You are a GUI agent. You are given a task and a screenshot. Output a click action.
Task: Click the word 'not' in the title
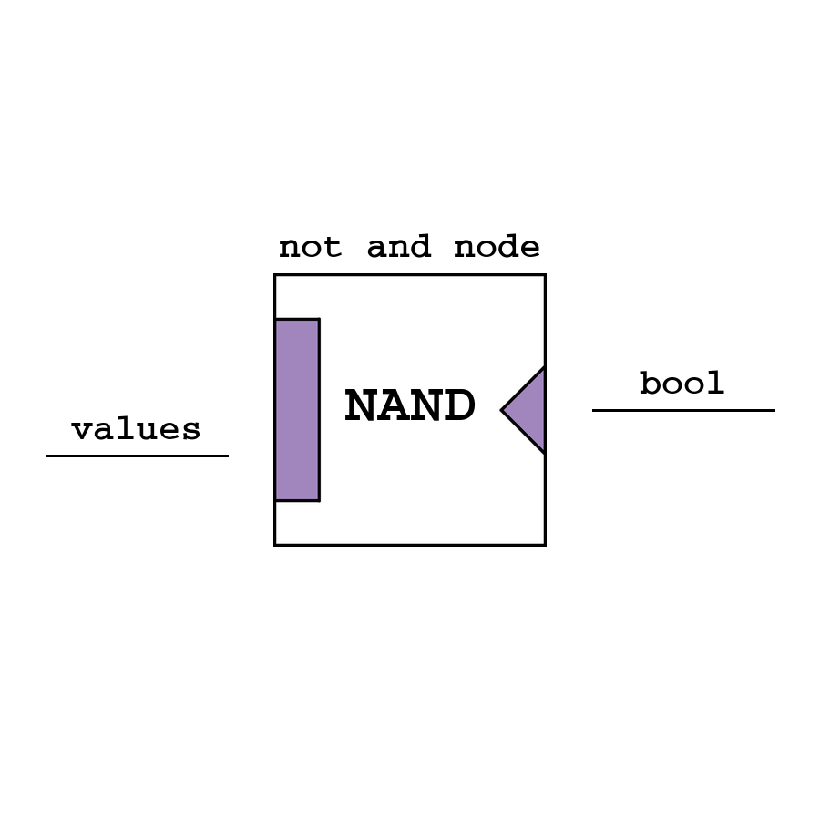click(x=310, y=248)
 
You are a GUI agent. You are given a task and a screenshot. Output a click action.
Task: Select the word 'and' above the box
click(x=398, y=248)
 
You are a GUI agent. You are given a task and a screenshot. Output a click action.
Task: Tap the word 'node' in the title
click(x=497, y=248)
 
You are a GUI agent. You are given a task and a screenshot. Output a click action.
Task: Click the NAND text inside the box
click(x=410, y=407)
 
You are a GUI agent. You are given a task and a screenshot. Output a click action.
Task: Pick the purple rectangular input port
click(x=297, y=410)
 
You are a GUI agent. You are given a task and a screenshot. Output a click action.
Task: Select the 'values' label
click(x=137, y=429)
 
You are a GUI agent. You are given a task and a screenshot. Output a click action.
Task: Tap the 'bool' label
click(x=682, y=384)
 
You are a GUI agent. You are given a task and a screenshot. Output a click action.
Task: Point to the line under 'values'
click(x=137, y=456)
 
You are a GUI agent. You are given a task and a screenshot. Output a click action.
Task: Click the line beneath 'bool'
click(x=683, y=410)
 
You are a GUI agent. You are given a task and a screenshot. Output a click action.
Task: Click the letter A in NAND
click(x=394, y=407)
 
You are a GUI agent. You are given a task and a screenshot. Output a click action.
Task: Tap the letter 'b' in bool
click(x=650, y=384)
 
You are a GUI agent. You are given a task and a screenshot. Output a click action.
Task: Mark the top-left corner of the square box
click(x=275, y=275)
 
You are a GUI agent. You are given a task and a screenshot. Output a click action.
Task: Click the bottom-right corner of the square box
click(x=545, y=545)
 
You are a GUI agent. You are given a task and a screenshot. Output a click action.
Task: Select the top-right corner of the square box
click(x=545, y=275)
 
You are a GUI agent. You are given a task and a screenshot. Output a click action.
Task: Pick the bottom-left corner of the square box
click(x=275, y=545)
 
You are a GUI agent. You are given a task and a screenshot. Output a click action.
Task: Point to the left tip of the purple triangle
click(x=503, y=410)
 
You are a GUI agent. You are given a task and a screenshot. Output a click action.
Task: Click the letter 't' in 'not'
click(x=333, y=248)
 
